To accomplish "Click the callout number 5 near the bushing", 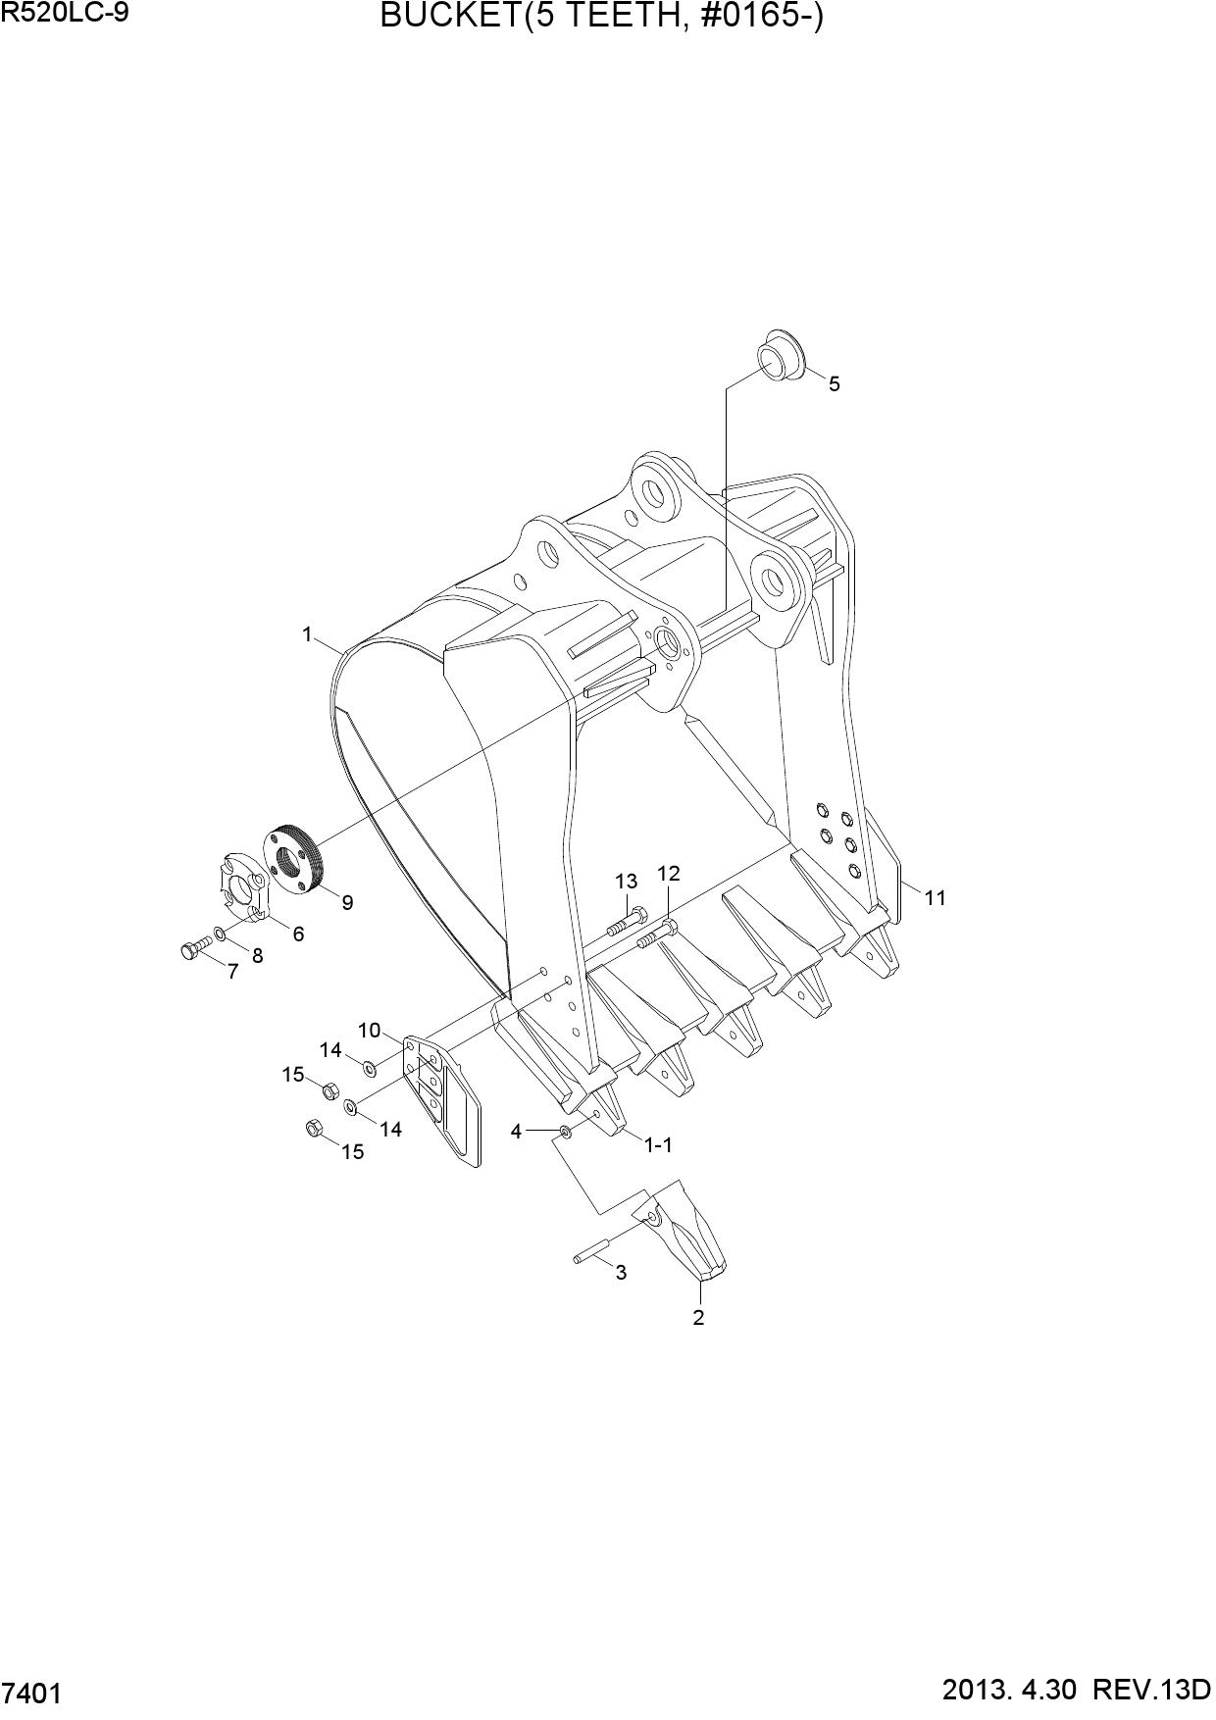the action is pos(834,384).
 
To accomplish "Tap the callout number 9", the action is pos(347,903).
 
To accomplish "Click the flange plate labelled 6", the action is pos(241,883).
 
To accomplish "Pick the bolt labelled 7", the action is pos(196,948).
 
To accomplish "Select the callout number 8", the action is pos(257,955).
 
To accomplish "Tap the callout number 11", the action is pos(935,897).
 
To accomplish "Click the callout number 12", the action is pos(668,873).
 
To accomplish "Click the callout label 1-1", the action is pos(658,1144).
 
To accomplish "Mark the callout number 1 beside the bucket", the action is pos(307,635).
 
